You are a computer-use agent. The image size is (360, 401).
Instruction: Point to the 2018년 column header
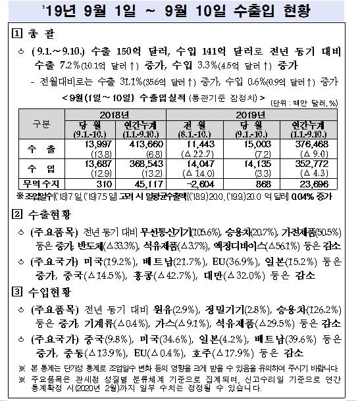tap(116, 114)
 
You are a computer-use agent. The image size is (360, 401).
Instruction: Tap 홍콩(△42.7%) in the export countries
tap(178, 274)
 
